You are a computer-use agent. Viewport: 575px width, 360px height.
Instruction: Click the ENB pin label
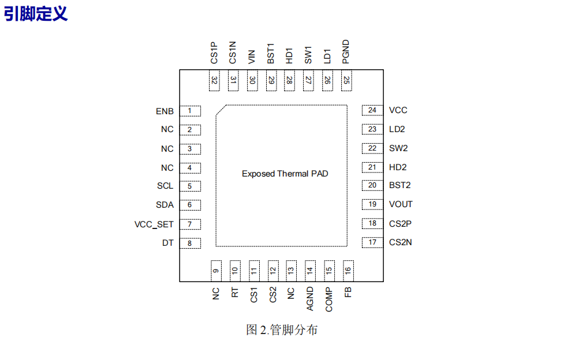pos(165,111)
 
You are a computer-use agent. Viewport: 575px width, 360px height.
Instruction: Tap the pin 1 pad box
pos(190,111)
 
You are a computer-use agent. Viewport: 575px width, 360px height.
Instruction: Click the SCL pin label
pos(165,186)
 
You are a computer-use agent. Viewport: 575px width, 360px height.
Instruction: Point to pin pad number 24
pos(372,110)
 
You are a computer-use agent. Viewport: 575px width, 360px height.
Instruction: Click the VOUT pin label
pos(401,204)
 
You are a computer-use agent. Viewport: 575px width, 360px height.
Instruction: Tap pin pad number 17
pos(372,242)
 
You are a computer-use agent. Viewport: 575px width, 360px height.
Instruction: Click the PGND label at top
pos(346,52)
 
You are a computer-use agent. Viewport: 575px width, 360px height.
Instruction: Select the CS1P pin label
pos(214,52)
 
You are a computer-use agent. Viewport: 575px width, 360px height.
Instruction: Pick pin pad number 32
pos(214,81)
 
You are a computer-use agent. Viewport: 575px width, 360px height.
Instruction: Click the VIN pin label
pos(252,56)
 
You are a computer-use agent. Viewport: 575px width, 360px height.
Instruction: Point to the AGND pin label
pos(310,298)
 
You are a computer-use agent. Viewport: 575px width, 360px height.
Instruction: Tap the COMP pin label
pos(329,299)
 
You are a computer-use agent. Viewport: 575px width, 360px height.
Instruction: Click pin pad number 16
pos(348,269)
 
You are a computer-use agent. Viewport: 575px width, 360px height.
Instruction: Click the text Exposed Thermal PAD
pos(285,174)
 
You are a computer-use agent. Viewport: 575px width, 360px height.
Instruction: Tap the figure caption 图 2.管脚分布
pos(281,330)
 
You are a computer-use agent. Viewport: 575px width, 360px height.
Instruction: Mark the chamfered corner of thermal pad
pos(221,110)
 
